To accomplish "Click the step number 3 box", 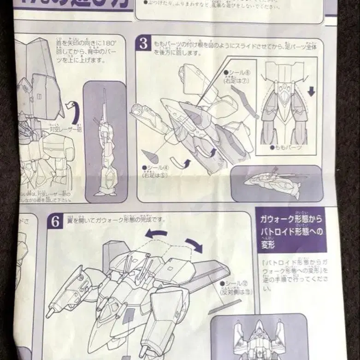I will coord(143,44).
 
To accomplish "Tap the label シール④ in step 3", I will coord(152,168).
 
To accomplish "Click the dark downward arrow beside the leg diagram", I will coord(311,91).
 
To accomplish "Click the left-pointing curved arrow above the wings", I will coord(156,234).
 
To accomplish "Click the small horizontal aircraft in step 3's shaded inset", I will coord(274,183).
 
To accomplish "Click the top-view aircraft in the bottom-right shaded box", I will coord(259,338).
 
